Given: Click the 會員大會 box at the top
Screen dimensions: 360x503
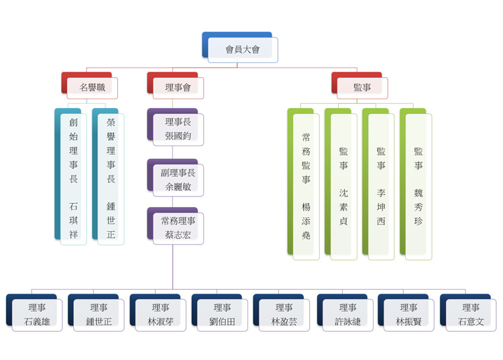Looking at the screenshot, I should [242, 49].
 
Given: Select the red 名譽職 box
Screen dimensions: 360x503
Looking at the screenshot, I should [92, 87].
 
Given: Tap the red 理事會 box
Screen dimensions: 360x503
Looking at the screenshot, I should [177, 87].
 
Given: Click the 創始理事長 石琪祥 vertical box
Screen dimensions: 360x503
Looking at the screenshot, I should [73, 178].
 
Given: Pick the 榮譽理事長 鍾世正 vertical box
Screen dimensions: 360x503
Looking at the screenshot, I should [111, 178].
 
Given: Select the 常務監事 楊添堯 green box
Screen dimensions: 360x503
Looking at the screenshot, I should [306, 184].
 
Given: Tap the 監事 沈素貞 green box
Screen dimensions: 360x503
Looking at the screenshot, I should [343, 184].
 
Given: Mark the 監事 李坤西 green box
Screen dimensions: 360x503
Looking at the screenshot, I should [381, 184].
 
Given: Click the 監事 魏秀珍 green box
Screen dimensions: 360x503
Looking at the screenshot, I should [418, 184].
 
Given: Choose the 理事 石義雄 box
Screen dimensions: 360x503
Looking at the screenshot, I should [37, 314].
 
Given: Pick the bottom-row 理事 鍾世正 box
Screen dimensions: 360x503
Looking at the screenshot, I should [99, 314].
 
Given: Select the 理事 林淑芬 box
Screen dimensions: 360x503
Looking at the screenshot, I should [160, 314].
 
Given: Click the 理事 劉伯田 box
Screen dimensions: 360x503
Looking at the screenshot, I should [222, 314].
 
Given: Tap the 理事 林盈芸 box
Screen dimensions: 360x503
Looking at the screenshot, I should [284, 314].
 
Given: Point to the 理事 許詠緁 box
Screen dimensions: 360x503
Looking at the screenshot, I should [347, 314].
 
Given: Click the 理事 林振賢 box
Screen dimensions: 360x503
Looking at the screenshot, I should [408, 314].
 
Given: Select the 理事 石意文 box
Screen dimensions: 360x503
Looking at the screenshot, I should [470, 314].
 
